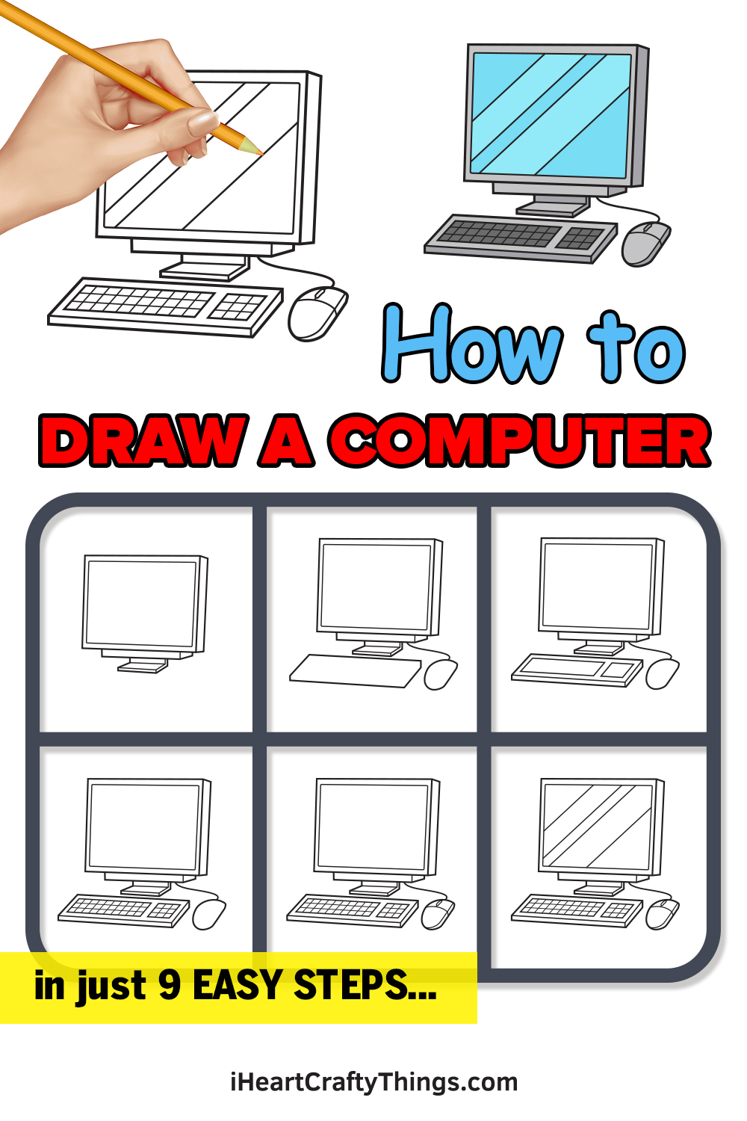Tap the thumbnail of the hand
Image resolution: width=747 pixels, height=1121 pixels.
click(202, 120)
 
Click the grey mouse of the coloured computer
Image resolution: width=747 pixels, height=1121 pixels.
click(646, 243)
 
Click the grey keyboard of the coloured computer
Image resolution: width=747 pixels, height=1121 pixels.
click(521, 238)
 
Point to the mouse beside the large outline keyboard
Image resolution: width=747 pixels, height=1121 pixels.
click(317, 313)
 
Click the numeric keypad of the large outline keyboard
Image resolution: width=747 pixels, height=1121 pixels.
click(238, 306)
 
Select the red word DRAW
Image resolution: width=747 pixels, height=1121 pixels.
click(142, 440)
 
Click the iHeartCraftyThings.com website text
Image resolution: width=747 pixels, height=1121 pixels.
click(373, 1082)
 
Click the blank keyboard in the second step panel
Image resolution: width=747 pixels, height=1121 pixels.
click(356, 670)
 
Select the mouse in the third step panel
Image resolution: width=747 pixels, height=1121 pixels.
click(662, 673)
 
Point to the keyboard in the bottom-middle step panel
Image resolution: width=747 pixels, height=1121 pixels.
click(353, 910)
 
